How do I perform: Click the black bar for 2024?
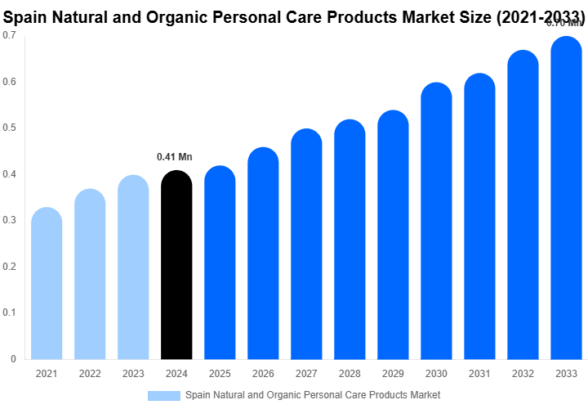pos(176,266)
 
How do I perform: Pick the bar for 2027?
pos(306,245)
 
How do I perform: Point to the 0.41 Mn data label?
pos(175,157)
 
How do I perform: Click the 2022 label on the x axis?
pos(90,374)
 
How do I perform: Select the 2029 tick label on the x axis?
pos(393,374)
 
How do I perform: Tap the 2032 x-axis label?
pos(523,374)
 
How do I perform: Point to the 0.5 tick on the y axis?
pos(10,128)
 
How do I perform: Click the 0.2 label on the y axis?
pos(10,267)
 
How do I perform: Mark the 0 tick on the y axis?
pos(13,359)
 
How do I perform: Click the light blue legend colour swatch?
pos(163,395)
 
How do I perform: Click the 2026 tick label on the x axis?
pos(263,374)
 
